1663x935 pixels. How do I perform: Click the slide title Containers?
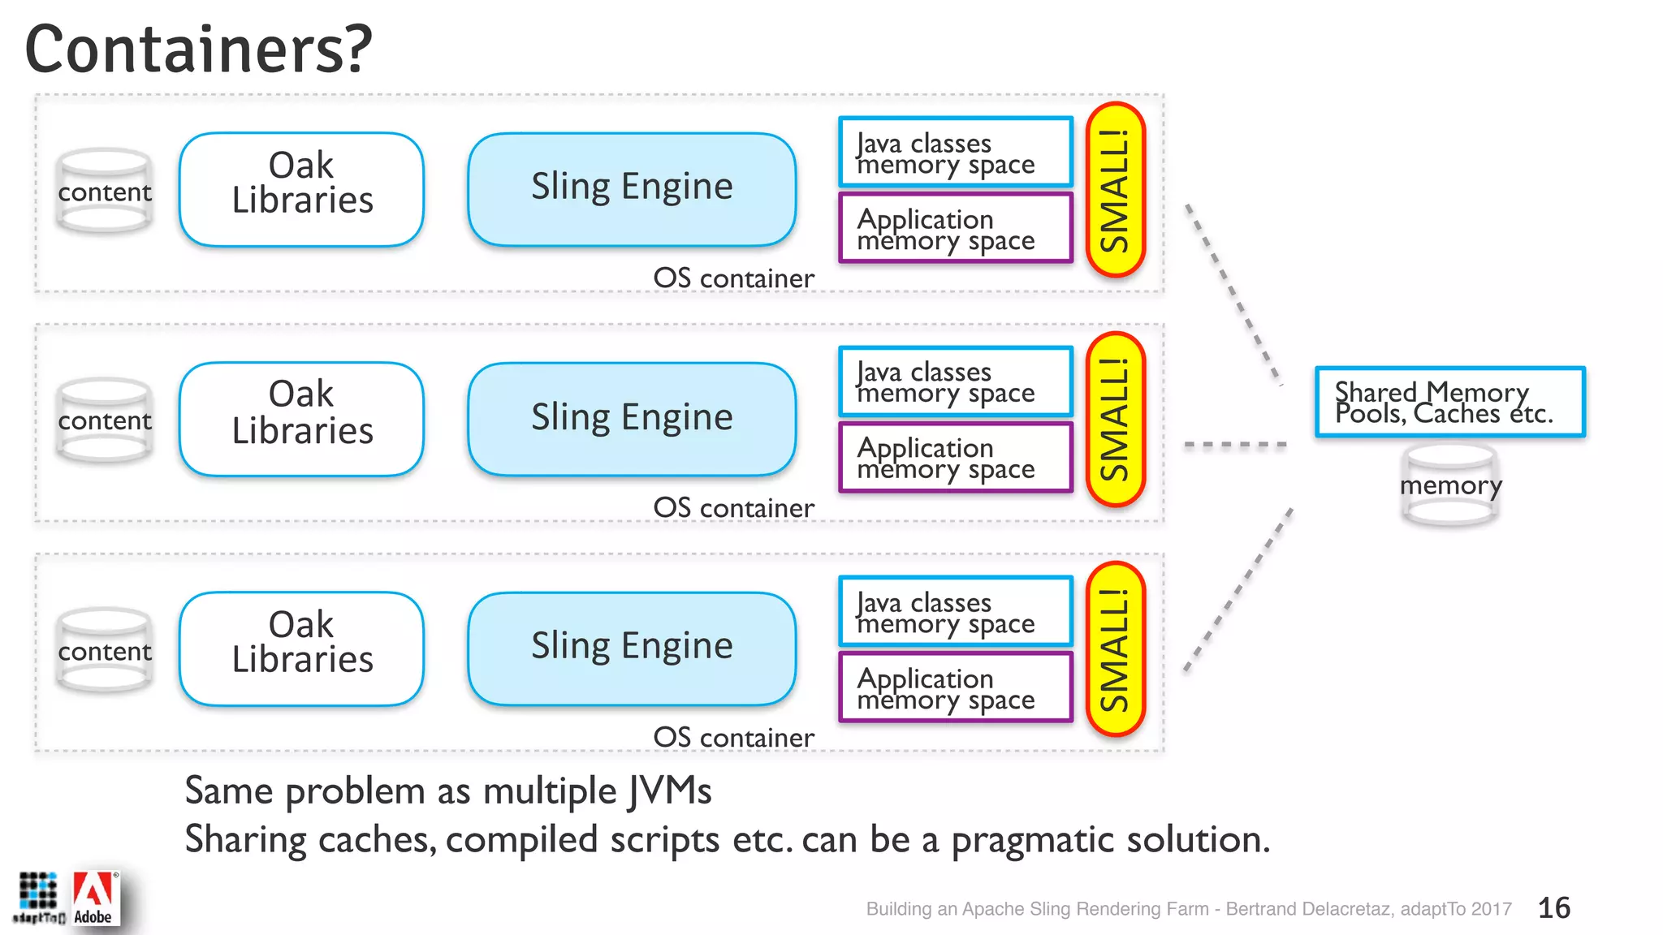click(198, 50)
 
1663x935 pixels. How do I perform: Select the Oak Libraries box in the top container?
click(301, 190)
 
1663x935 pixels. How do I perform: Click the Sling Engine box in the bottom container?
click(632, 648)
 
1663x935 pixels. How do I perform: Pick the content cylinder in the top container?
click(104, 192)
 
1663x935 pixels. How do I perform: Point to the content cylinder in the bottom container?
click(104, 650)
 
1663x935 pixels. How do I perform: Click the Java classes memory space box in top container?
click(956, 153)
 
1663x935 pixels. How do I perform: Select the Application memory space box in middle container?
click(956, 458)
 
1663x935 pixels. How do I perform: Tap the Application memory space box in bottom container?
click(956, 687)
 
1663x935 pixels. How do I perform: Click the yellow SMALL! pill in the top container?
click(1115, 190)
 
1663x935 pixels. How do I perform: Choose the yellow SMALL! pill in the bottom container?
click(1115, 649)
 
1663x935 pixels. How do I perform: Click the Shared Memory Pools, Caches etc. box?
click(1449, 403)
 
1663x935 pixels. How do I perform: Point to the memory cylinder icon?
click(1450, 485)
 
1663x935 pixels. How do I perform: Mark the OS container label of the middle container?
click(733, 508)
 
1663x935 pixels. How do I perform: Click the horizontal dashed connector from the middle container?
click(1235, 445)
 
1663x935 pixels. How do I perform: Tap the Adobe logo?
click(94, 899)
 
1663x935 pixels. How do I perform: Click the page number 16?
click(1553, 907)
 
